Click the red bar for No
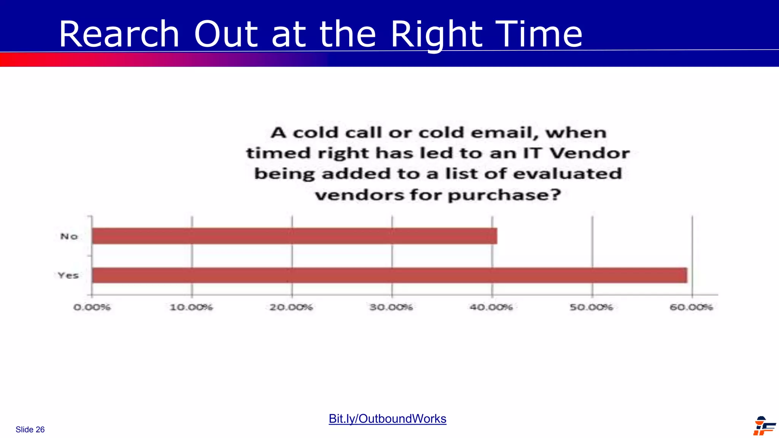[x=294, y=236]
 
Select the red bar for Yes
[x=389, y=275]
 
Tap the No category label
[x=69, y=236]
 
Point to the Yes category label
[x=68, y=275]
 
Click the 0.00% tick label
[x=92, y=307]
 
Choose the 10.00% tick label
[x=191, y=307]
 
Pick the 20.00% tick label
[x=291, y=307]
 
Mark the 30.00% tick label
[x=391, y=307]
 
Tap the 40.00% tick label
[x=491, y=307]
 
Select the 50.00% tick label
[x=591, y=307]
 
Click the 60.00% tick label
[x=691, y=307]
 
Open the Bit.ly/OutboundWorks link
[x=387, y=419]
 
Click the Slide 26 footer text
[x=30, y=430]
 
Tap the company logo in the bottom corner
[x=764, y=426]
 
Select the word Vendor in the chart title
[x=590, y=153]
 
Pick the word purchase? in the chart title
[x=504, y=195]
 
